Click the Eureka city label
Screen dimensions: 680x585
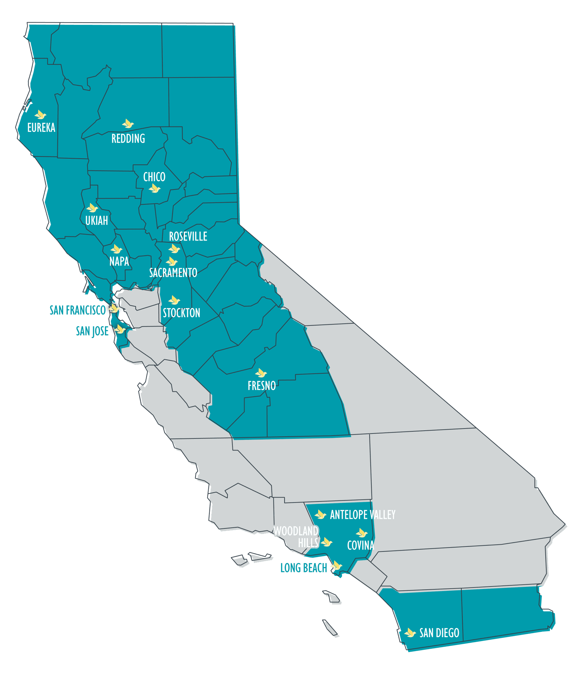tap(41, 127)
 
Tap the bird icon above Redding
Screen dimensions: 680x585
tap(128, 124)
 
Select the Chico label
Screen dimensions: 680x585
tap(154, 177)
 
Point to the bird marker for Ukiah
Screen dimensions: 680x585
tap(92, 208)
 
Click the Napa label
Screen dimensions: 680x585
tap(119, 261)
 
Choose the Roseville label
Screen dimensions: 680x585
tap(188, 236)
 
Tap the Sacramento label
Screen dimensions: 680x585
tap(173, 273)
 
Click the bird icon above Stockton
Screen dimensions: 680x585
tap(174, 300)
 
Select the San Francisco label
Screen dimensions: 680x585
tap(78, 310)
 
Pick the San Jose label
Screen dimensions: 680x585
tap(92, 331)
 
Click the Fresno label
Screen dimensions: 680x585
tap(261, 386)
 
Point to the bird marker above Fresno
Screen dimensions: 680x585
tap(261, 373)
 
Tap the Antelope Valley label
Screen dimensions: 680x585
tap(362, 515)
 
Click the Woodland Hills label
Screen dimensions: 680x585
tap(296, 537)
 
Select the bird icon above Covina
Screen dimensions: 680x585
tap(362, 533)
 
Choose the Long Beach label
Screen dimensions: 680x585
tap(304, 568)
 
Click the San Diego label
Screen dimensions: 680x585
tap(439, 633)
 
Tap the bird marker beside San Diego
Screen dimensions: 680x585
tap(410, 633)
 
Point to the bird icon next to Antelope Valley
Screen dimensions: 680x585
tap(320, 514)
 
